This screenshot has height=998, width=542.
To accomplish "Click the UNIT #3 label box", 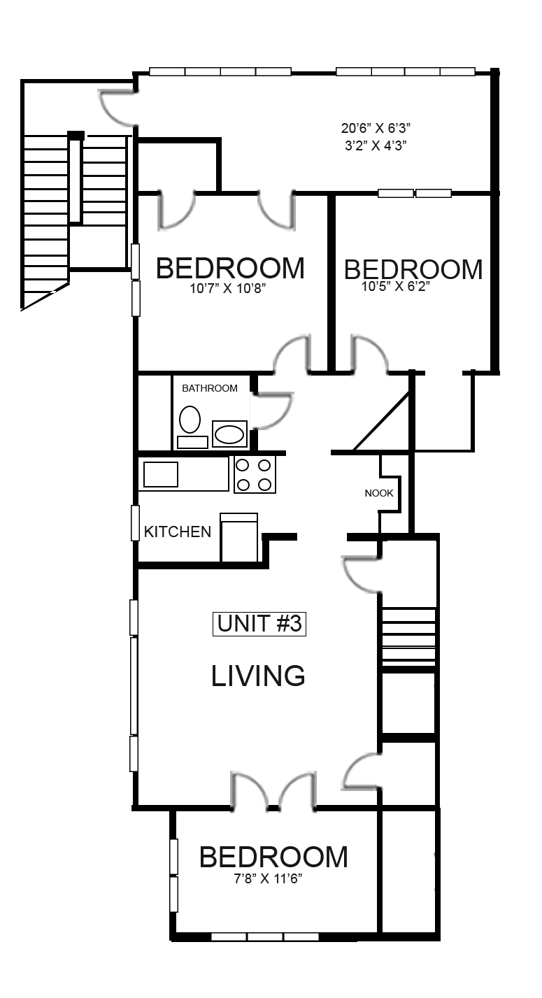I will pos(259,623).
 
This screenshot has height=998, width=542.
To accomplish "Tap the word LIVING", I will pos(258,676).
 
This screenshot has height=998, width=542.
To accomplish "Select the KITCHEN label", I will pos(177,532).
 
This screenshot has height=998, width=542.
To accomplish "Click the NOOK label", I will pos(379,493).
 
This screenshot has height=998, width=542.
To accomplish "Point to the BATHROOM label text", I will pos(209,388).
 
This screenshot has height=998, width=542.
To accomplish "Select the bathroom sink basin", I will pos(229,434).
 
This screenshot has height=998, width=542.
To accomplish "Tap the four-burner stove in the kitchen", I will pos(255,474).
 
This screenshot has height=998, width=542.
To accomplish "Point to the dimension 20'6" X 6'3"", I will pos(375,128).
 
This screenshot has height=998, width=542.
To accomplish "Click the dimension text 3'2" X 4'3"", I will pos(375,146).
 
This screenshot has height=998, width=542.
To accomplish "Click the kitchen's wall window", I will pos(135,522).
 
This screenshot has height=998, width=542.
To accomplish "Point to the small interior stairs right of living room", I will pos(408,636).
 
